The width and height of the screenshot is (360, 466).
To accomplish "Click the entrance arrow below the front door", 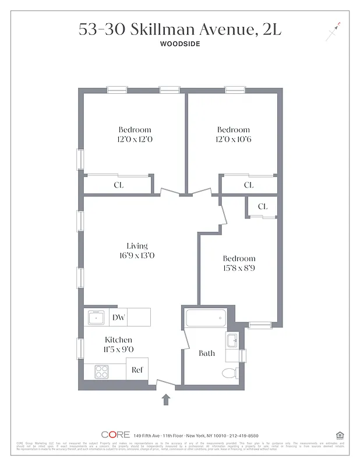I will click(166, 399).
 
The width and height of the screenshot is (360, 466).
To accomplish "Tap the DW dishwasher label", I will click(118, 317).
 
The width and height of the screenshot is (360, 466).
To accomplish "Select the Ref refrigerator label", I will click(137, 370).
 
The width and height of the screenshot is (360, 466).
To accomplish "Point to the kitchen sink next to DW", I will click(95, 318).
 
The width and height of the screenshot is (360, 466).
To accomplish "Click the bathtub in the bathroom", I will click(205, 319).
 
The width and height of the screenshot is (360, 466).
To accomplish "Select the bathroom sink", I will click(231, 340).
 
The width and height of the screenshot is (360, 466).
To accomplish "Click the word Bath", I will click(207, 353).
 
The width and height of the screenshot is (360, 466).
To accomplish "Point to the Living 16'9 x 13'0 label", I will click(137, 250).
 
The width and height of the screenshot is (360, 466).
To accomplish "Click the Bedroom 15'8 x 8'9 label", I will click(239, 263).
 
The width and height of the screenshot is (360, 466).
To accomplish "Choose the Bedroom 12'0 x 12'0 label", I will click(135, 134).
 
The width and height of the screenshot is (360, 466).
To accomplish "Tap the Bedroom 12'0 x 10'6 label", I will click(233, 134).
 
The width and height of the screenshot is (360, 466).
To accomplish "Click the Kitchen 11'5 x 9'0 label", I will click(118, 344).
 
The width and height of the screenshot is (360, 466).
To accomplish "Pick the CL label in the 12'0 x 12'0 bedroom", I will click(118, 185).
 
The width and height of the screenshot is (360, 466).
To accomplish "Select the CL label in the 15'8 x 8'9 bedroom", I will click(263, 206).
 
